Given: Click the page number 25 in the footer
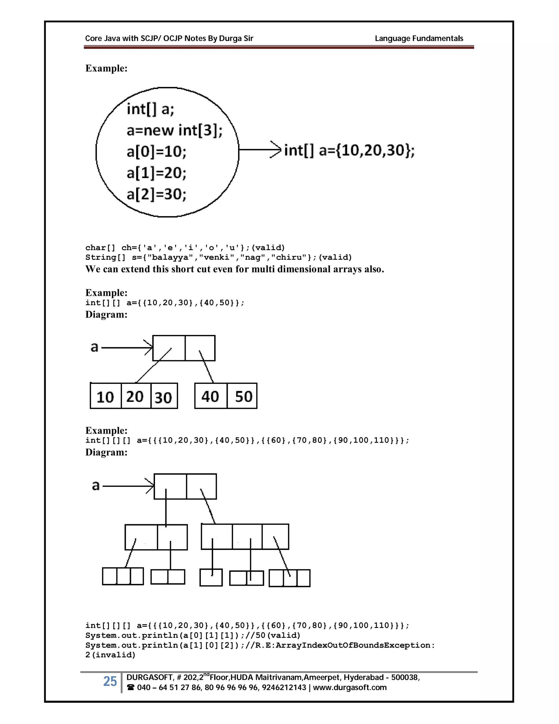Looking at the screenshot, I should click(x=110, y=681).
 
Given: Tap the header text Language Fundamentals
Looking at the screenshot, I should click(x=419, y=39).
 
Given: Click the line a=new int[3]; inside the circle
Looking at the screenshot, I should click(x=174, y=130).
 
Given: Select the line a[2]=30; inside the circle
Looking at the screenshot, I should click(x=156, y=194).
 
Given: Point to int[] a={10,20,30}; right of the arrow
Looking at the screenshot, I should click(x=349, y=150).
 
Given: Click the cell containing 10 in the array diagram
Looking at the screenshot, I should click(x=105, y=396).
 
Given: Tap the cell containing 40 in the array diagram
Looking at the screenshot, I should click(x=210, y=396).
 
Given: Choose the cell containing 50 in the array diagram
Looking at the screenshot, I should click(x=243, y=396).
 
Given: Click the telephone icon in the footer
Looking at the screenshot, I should click(x=130, y=688).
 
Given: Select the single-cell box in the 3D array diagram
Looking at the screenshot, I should click(x=211, y=578).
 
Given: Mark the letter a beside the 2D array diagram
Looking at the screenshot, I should click(x=94, y=347).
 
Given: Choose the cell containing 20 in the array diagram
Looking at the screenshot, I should click(x=135, y=396).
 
